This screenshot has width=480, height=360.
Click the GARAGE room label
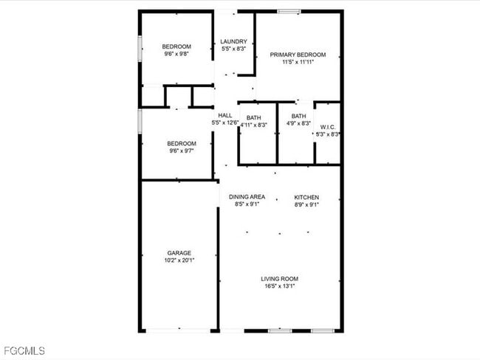click(179, 252)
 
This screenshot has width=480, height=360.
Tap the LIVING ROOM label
click(279, 279)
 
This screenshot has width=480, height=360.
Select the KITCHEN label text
click(306, 197)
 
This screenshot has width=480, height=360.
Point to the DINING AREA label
click(247, 197)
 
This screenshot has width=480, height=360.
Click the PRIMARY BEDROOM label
click(298, 55)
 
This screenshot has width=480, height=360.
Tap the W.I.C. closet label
click(328, 127)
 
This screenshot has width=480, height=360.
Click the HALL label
click(225, 115)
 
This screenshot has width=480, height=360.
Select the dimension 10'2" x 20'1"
click(179, 260)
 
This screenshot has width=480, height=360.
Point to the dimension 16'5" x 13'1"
click(279, 286)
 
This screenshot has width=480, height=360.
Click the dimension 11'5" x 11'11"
click(298, 63)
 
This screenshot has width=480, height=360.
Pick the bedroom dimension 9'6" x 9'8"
click(176, 55)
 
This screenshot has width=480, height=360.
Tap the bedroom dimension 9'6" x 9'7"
click(181, 151)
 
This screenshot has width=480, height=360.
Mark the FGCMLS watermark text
click(24, 350)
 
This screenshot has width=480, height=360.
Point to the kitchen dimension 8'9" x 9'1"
click(306, 205)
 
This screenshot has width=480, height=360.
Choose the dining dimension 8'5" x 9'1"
click(247, 205)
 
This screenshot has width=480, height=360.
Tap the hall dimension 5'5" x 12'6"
click(225, 123)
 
